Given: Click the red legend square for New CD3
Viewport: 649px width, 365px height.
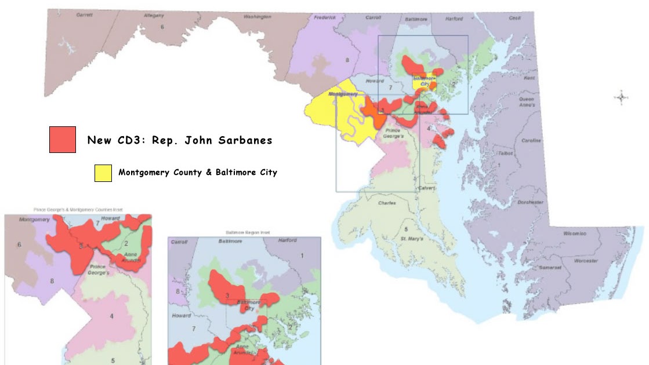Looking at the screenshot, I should (x=63, y=140).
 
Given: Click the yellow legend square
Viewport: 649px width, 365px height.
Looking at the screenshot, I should (x=103, y=173).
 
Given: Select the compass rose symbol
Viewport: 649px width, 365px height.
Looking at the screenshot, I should (x=621, y=98).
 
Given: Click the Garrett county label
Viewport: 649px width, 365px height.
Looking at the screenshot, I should (x=85, y=15).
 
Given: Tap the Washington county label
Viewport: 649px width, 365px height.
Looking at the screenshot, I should (x=258, y=17).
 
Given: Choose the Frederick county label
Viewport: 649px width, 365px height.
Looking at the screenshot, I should (x=325, y=18).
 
